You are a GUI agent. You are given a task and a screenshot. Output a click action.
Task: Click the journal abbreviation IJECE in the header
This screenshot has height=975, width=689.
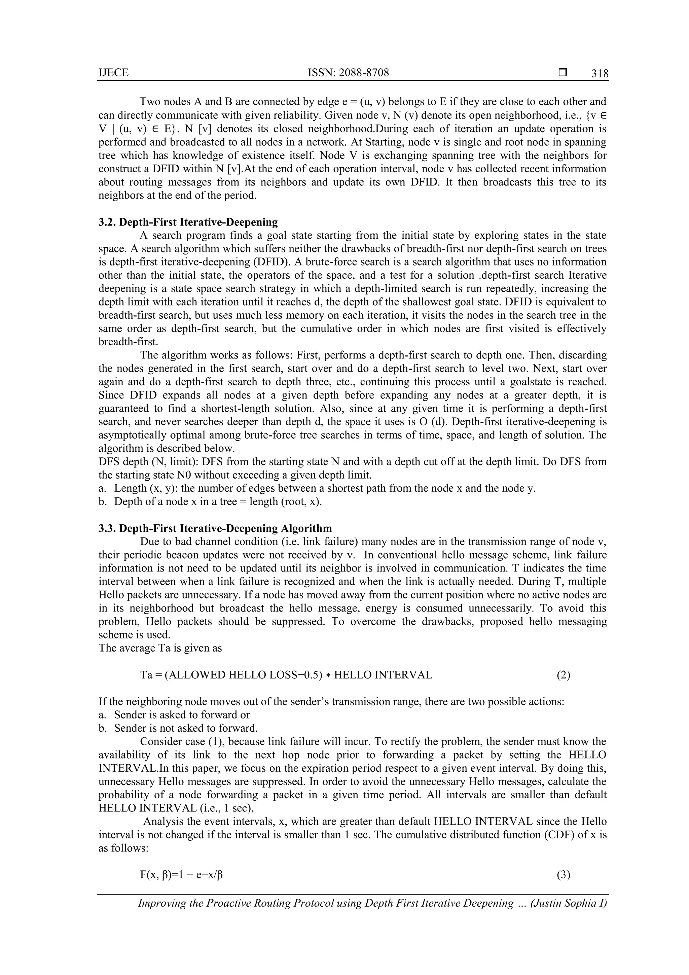(113, 73)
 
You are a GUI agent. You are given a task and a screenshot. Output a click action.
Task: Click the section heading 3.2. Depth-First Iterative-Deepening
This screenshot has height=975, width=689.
(188, 222)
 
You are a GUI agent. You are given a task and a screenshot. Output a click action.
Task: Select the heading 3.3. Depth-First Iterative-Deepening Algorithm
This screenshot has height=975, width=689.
(215, 528)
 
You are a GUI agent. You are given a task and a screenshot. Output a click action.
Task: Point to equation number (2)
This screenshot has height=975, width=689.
(563, 675)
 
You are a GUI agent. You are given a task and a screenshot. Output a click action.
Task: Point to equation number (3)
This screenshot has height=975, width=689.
(563, 875)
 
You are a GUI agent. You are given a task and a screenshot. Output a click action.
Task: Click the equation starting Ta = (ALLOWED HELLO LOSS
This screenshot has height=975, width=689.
(286, 675)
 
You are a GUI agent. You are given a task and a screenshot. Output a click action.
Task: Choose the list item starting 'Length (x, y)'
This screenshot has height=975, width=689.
(324, 488)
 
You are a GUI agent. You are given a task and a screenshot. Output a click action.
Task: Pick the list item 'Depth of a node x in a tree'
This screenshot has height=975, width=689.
(218, 501)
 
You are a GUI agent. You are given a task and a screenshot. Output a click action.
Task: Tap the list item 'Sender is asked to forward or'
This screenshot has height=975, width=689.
(182, 715)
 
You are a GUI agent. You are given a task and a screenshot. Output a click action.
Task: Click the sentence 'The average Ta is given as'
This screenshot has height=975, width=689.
(160, 648)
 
